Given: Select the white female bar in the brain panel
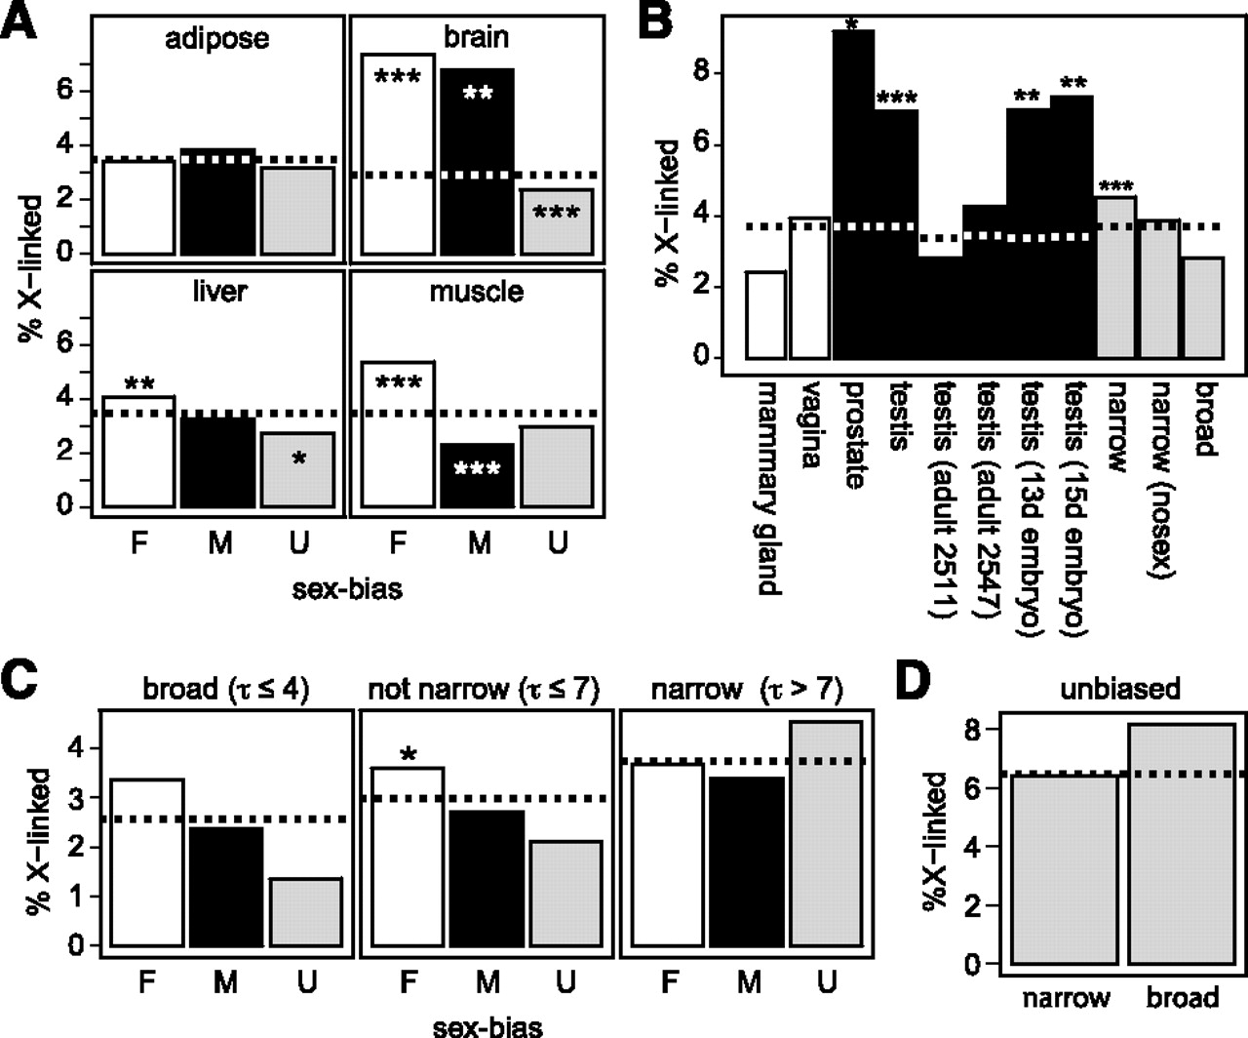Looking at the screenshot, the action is pyautogui.click(x=398, y=154).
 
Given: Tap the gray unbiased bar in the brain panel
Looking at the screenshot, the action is pyautogui.click(x=557, y=221).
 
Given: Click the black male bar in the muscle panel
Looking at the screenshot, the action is pyautogui.click(x=477, y=475).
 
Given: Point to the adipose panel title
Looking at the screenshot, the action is pyautogui.click(x=217, y=39).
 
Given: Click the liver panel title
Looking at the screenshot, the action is pyautogui.click(x=219, y=292).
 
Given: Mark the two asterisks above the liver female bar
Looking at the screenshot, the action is pyautogui.click(x=139, y=383).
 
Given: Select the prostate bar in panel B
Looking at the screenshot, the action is pyautogui.click(x=853, y=194).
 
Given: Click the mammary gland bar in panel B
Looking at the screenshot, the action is pyautogui.click(x=766, y=315).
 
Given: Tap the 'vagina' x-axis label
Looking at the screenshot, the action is pyautogui.click(x=810, y=425).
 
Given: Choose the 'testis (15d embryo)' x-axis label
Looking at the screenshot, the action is pyautogui.click(x=1072, y=509).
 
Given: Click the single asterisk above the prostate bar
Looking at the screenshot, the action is pyautogui.click(x=852, y=24).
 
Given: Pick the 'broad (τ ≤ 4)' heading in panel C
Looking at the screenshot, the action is pyautogui.click(x=226, y=690).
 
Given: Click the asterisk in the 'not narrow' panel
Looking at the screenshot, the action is pyautogui.click(x=409, y=755).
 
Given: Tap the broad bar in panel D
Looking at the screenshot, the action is pyautogui.click(x=1182, y=844).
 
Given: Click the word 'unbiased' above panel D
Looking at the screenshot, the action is pyautogui.click(x=1120, y=689).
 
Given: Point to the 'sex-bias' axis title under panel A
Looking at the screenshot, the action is pyautogui.click(x=347, y=589).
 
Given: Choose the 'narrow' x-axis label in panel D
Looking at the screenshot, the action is pyautogui.click(x=1066, y=998).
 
